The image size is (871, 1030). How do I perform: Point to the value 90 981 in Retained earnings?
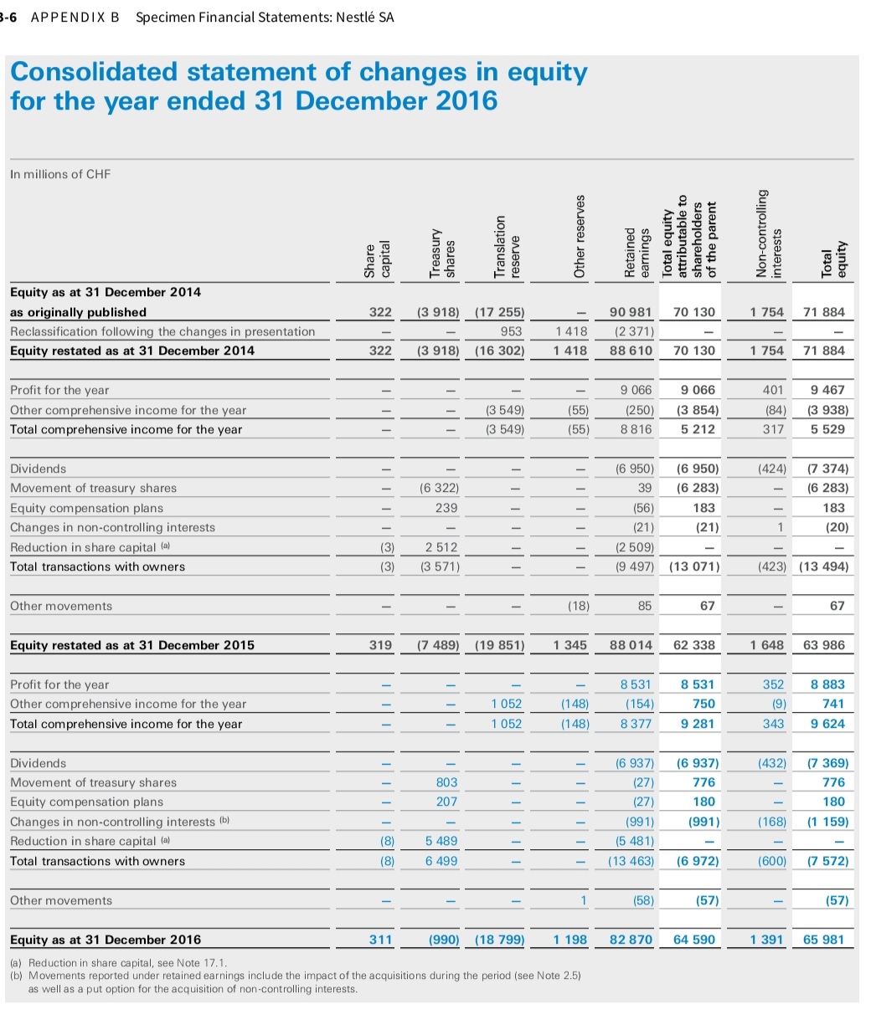click(x=631, y=312)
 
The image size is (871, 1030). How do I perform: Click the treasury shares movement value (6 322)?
click(x=442, y=488)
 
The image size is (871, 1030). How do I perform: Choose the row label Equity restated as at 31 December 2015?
click(x=132, y=645)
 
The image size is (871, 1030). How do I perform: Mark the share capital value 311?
click(x=381, y=940)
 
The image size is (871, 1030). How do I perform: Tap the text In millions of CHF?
click(x=59, y=174)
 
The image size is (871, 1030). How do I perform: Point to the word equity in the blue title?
click(x=540, y=72)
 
